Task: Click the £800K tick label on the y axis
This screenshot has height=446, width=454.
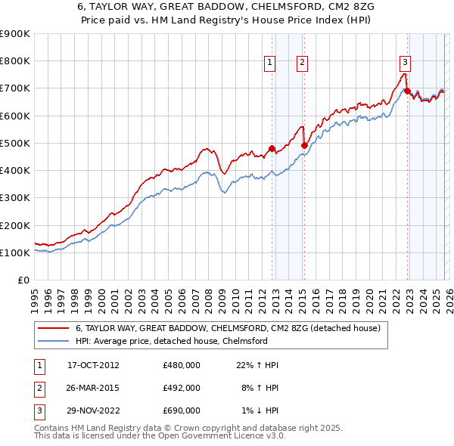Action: (15, 61)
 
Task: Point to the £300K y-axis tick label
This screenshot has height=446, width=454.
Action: (15, 198)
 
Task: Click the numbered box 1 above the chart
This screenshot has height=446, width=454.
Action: (270, 63)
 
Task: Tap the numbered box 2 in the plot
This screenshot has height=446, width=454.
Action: (302, 63)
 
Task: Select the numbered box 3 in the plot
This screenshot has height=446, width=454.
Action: (405, 63)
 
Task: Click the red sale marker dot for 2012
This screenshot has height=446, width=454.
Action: (272, 149)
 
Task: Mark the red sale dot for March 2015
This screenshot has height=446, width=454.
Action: (304, 145)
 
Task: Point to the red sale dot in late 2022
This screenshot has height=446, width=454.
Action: (407, 91)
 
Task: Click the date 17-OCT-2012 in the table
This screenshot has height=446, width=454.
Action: (93, 365)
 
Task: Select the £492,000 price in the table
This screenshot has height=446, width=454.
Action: (182, 388)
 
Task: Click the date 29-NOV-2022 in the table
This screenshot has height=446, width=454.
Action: (93, 410)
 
